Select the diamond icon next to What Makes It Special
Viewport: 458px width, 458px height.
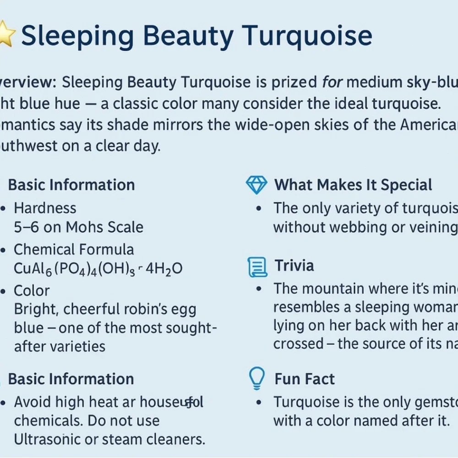click(x=256, y=185)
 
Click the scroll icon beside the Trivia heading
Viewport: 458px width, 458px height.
click(x=256, y=267)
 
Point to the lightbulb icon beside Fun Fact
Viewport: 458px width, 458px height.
click(x=256, y=378)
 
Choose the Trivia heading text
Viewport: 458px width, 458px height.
click(x=294, y=266)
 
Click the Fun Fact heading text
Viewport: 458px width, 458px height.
click(x=305, y=379)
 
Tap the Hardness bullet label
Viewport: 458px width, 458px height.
click(x=45, y=208)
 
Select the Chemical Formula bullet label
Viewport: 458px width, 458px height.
click(x=74, y=250)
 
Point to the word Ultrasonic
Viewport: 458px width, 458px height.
click(x=50, y=440)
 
